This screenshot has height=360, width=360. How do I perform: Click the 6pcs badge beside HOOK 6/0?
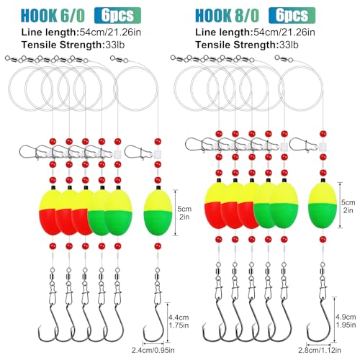[117, 15]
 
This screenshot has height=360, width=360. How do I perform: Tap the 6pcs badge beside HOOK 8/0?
[292, 15]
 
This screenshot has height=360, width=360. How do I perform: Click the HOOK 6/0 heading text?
[53, 16]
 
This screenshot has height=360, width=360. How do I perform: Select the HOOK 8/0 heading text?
[227, 16]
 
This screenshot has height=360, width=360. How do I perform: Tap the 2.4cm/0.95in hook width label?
[153, 350]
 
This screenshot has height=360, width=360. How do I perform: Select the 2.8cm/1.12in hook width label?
[320, 350]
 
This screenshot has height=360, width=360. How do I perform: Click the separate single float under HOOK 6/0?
[158, 212]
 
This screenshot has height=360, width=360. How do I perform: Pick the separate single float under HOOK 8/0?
[323, 204]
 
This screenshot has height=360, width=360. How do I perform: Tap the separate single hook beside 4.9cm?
[320, 320]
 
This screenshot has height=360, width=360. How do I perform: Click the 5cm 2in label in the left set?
[184, 212]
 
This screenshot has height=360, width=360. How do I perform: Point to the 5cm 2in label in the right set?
[348, 206]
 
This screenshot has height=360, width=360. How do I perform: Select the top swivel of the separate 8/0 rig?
[284, 58]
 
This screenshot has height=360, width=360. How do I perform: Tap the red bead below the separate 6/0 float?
[158, 246]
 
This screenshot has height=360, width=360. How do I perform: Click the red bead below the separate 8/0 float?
[323, 239]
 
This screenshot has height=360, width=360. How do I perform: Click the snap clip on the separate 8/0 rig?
[304, 145]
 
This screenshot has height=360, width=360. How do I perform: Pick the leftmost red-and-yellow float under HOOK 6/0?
[50, 212]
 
